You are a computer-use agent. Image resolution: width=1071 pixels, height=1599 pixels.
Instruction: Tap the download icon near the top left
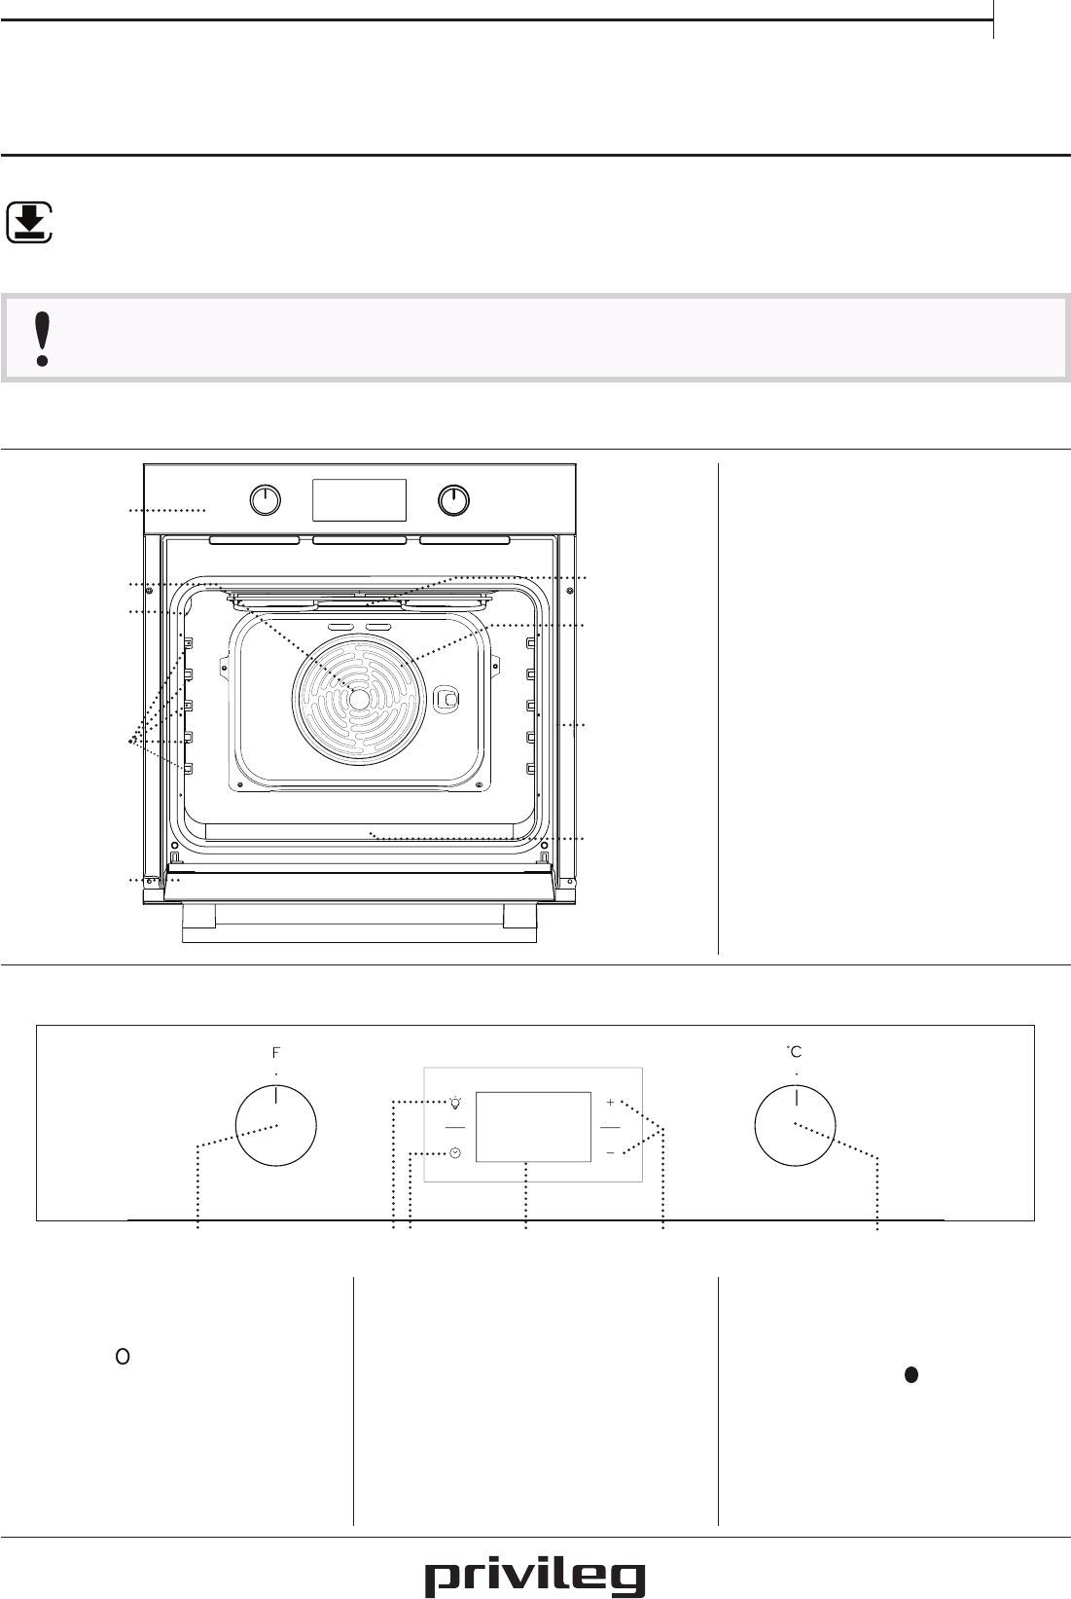(29, 223)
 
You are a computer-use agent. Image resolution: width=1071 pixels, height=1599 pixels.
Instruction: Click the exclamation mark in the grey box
(43, 339)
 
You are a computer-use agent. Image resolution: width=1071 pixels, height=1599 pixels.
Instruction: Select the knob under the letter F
(275, 1126)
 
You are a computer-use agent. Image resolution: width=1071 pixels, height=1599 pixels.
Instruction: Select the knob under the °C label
(795, 1126)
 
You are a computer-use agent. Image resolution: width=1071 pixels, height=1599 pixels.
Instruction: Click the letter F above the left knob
(276, 1052)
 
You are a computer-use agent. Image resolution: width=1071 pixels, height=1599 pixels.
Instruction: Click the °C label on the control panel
(794, 1051)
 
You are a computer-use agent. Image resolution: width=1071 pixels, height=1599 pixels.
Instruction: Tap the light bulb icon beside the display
(455, 1103)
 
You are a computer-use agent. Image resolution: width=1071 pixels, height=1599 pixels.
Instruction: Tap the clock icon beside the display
(455, 1153)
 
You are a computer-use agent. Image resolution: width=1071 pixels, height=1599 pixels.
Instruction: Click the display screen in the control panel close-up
(533, 1126)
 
